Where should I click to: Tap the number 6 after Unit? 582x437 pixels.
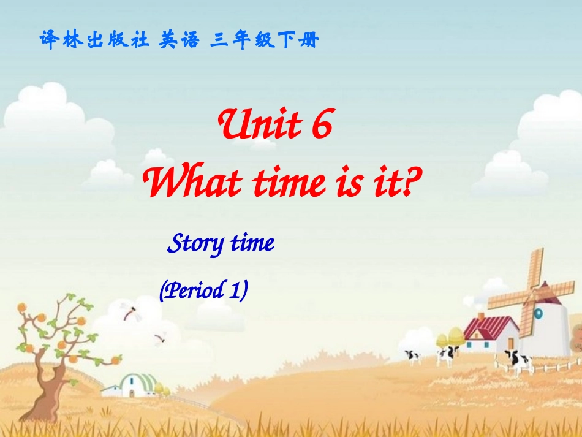pos(320,127)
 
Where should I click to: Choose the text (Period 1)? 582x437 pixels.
pos(203,290)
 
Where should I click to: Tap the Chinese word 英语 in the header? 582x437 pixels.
pos(179,40)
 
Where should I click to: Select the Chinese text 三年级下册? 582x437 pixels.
pos(264,40)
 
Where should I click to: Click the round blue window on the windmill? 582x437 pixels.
pos(539,313)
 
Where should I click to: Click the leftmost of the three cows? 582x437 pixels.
pos(412,355)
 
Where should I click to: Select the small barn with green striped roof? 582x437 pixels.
pos(138,385)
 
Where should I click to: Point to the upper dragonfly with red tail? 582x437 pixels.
pos(130,311)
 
